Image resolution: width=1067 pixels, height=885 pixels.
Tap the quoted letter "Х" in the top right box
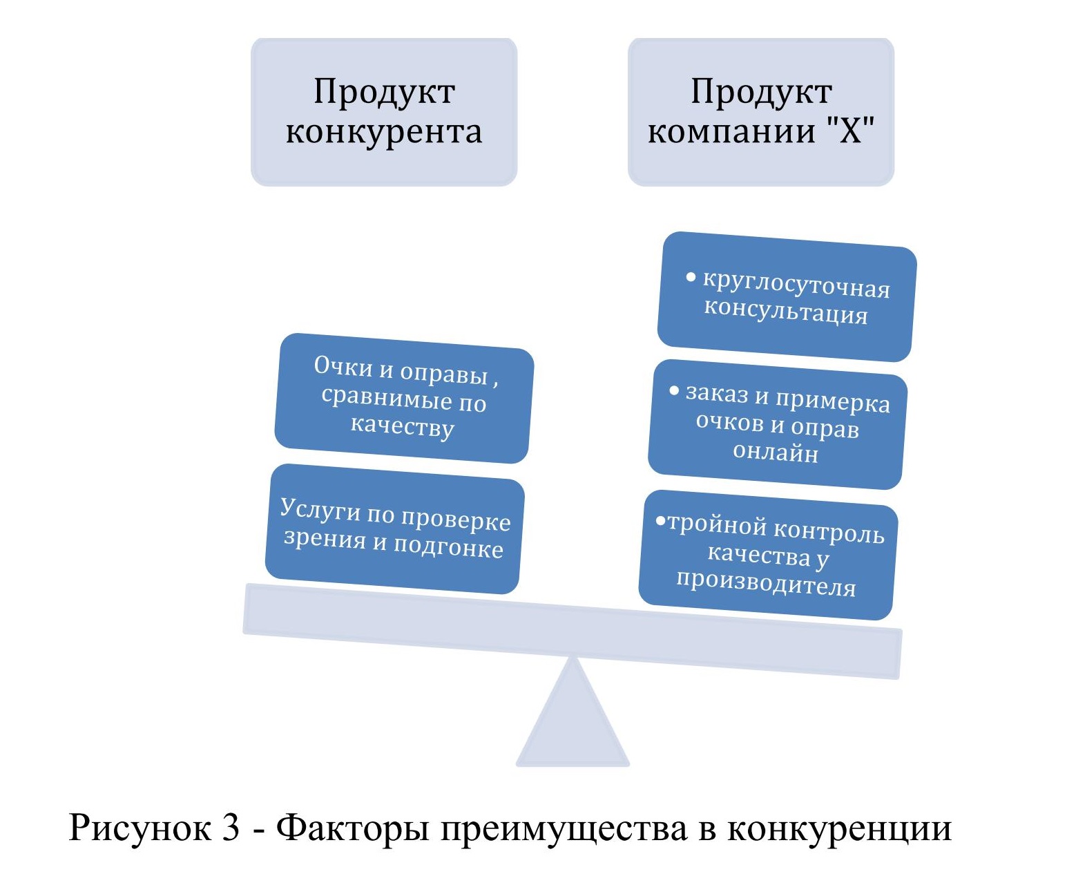click(x=850, y=131)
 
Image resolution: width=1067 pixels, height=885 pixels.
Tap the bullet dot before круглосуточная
click(x=691, y=277)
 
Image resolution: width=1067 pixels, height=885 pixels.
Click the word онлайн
click(x=776, y=452)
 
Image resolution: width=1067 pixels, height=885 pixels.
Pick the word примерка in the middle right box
click(x=832, y=401)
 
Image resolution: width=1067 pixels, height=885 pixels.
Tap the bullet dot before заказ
click(x=674, y=391)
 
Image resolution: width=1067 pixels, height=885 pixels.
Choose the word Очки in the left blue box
click(x=343, y=366)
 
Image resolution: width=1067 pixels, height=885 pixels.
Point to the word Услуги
click(x=320, y=509)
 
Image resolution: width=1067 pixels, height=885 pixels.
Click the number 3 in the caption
click(x=231, y=827)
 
